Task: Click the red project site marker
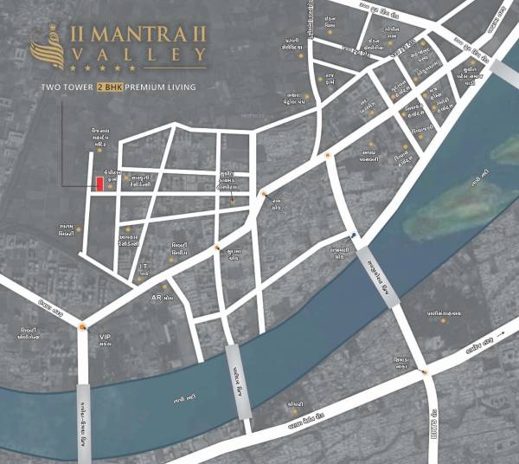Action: [100, 183]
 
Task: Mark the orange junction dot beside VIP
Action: [83, 325]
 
